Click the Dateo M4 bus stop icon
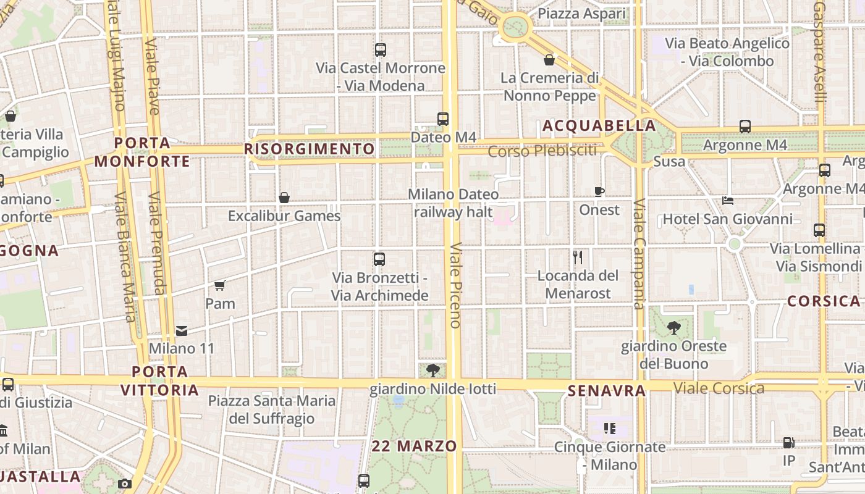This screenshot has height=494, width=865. click(443, 119)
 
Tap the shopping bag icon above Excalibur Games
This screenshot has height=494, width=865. click(284, 198)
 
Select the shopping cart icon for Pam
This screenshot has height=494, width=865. click(220, 285)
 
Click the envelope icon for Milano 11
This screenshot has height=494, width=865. click(181, 331)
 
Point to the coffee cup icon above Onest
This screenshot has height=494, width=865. click(599, 191)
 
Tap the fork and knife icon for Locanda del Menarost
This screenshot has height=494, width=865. click(578, 257)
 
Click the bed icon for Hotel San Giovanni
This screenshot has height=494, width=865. click(728, 201)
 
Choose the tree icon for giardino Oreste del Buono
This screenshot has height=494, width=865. click(673, 328)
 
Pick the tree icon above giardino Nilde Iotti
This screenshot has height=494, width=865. click(433, 370)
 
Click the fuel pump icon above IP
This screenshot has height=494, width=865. click(789, 443)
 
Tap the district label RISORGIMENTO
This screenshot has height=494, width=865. click(310, 149)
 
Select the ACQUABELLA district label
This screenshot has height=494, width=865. click(599, 126)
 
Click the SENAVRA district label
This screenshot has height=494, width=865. click(606, 391)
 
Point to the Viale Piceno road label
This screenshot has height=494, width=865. click(455, 285)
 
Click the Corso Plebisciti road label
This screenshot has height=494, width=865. click(542, 151)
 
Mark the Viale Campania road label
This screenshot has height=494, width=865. click(639, 253)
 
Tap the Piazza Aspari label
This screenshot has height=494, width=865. click(581, 14)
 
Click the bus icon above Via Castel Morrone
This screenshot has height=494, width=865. click(381, 50)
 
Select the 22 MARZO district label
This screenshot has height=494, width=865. click(415, 446)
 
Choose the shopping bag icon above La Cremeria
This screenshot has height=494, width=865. click(549, 60)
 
